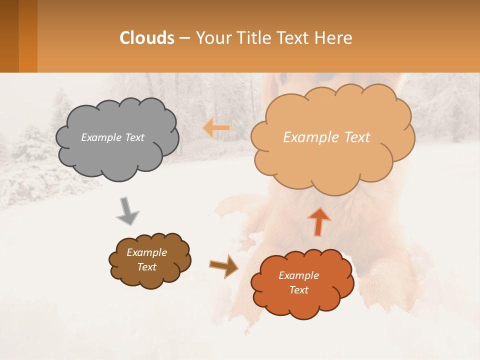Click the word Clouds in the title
[146, 38]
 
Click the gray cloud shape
[117, 155]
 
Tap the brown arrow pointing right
[224, 266]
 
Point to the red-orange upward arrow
[319, 221]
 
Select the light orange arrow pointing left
[216, 128]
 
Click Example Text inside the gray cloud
[112, 137]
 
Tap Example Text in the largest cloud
[326, 137]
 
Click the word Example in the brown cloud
[146, 252]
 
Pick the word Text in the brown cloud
[146, 267]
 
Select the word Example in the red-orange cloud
[298, 275]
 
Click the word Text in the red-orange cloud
[298, 290]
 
